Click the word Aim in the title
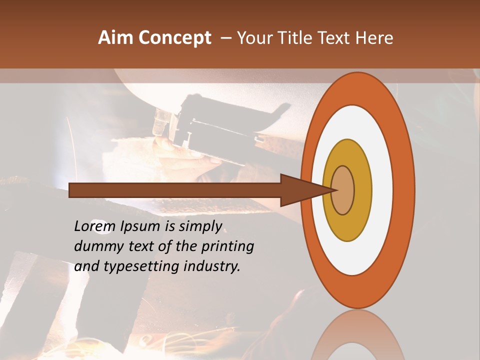(116, 38)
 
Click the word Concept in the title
(175, 38)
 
